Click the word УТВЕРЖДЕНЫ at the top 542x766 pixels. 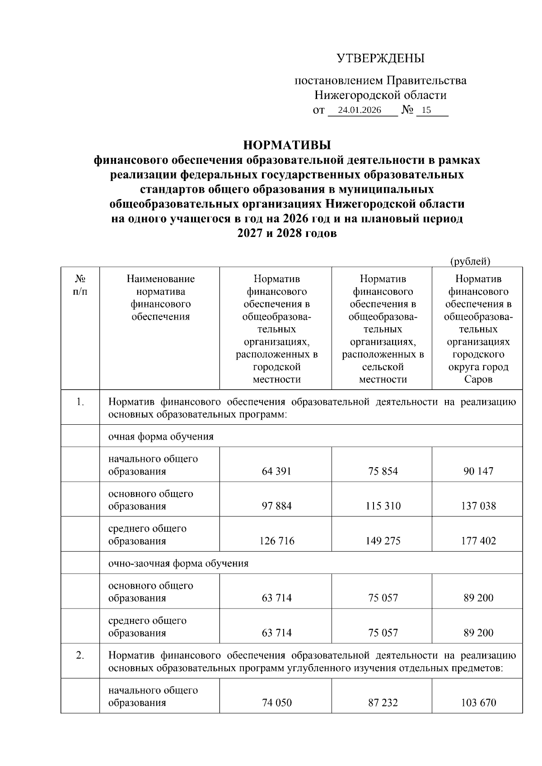380,59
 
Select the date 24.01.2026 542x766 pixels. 360,111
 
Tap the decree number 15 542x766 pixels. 426,111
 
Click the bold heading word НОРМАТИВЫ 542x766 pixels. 287,145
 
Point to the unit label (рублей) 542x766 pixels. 470,261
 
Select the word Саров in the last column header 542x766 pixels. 478,380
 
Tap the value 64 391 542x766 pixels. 276,471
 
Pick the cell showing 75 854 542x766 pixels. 383,471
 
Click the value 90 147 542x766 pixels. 478,471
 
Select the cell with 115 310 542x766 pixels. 383,506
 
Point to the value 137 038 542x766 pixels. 478,506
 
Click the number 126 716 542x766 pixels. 276,541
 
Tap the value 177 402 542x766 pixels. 478,541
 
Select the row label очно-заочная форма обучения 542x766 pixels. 178,563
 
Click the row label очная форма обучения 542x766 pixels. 160,436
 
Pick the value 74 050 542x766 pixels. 276,703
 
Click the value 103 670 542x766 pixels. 478,703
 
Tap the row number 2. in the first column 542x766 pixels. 80,656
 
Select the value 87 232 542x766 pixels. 383,703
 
